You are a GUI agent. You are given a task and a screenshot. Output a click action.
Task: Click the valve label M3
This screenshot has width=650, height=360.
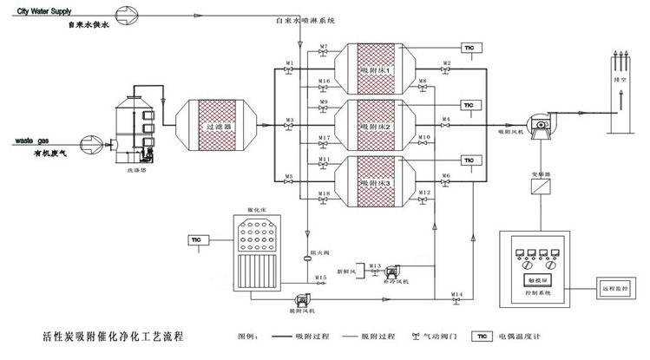tap(289, 119)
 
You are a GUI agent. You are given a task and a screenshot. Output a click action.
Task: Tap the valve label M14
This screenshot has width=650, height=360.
tap(456, 295)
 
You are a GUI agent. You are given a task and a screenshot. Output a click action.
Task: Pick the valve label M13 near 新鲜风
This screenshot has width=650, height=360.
tap(375, 265)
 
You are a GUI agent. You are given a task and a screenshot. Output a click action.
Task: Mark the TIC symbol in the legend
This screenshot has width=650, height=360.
tap(478, 337)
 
